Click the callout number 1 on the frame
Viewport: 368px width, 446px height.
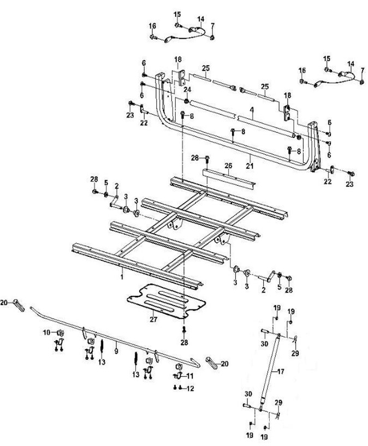click(x=121, y=269)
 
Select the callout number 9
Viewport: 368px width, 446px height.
click(x=116, y=346)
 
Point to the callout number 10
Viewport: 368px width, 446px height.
click(x=46, y=332)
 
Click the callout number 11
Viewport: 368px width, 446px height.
click(x=191, y=376)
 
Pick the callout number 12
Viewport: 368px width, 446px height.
click(x=191, y=389)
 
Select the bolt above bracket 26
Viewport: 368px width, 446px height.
click(x=209, y=161)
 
